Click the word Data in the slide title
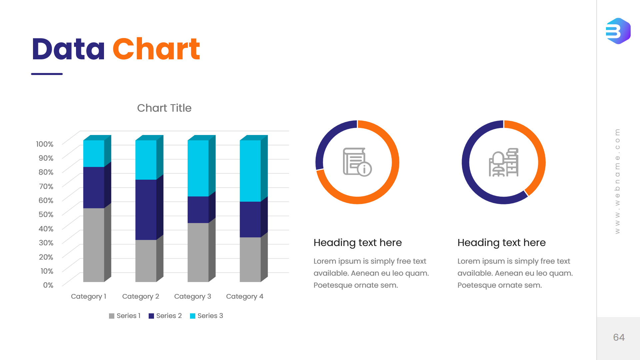pos(68,49)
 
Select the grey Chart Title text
pos(164,108)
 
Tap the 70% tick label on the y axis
pos(46,186)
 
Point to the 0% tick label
pos(48,285)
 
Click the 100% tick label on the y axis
pos(45,144)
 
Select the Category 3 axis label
pos(192,296)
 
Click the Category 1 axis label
pos(88,296)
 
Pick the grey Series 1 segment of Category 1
pos(94,245)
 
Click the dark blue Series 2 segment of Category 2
pos(146,210)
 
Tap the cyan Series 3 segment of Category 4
pos(250,171)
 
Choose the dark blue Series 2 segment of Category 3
pos(198,210)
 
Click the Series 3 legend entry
pos(206,316)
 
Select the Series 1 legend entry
pos(125,316)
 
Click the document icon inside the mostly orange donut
pos(357,162)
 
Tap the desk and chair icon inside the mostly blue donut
pos(503,162)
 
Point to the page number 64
pos(619,337)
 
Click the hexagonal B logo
pos(618,31)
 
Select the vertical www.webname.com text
pos(617,181)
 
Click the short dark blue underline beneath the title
pos(47,74)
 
